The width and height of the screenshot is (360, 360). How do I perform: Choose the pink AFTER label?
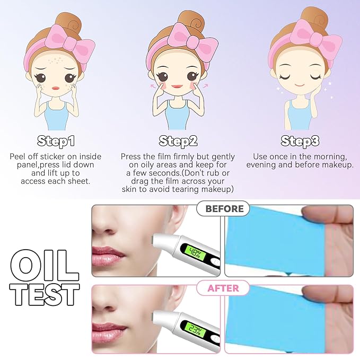coord(223,289)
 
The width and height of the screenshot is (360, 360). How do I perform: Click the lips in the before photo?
coord(108,252)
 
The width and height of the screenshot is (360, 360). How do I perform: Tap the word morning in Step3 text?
coord(330,157)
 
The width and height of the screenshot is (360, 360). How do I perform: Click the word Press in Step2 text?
coord(131,157)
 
